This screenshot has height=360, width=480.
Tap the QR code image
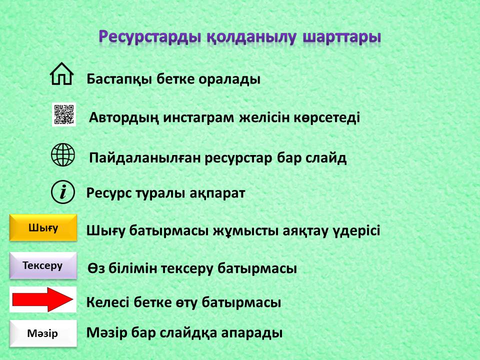[64, 114]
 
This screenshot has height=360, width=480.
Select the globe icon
[63, 154]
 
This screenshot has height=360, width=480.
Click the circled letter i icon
[63, 192]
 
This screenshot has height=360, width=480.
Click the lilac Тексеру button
[43, 265]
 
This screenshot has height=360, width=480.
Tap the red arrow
[42, 299]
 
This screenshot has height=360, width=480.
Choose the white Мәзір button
[43, 333]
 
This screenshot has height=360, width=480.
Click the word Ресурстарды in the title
[150, 36]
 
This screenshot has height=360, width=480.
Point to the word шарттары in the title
[341, 37]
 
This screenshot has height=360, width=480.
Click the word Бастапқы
[119, 79]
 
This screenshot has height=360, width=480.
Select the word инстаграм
[198, 117]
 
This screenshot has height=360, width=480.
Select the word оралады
[229, 79]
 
